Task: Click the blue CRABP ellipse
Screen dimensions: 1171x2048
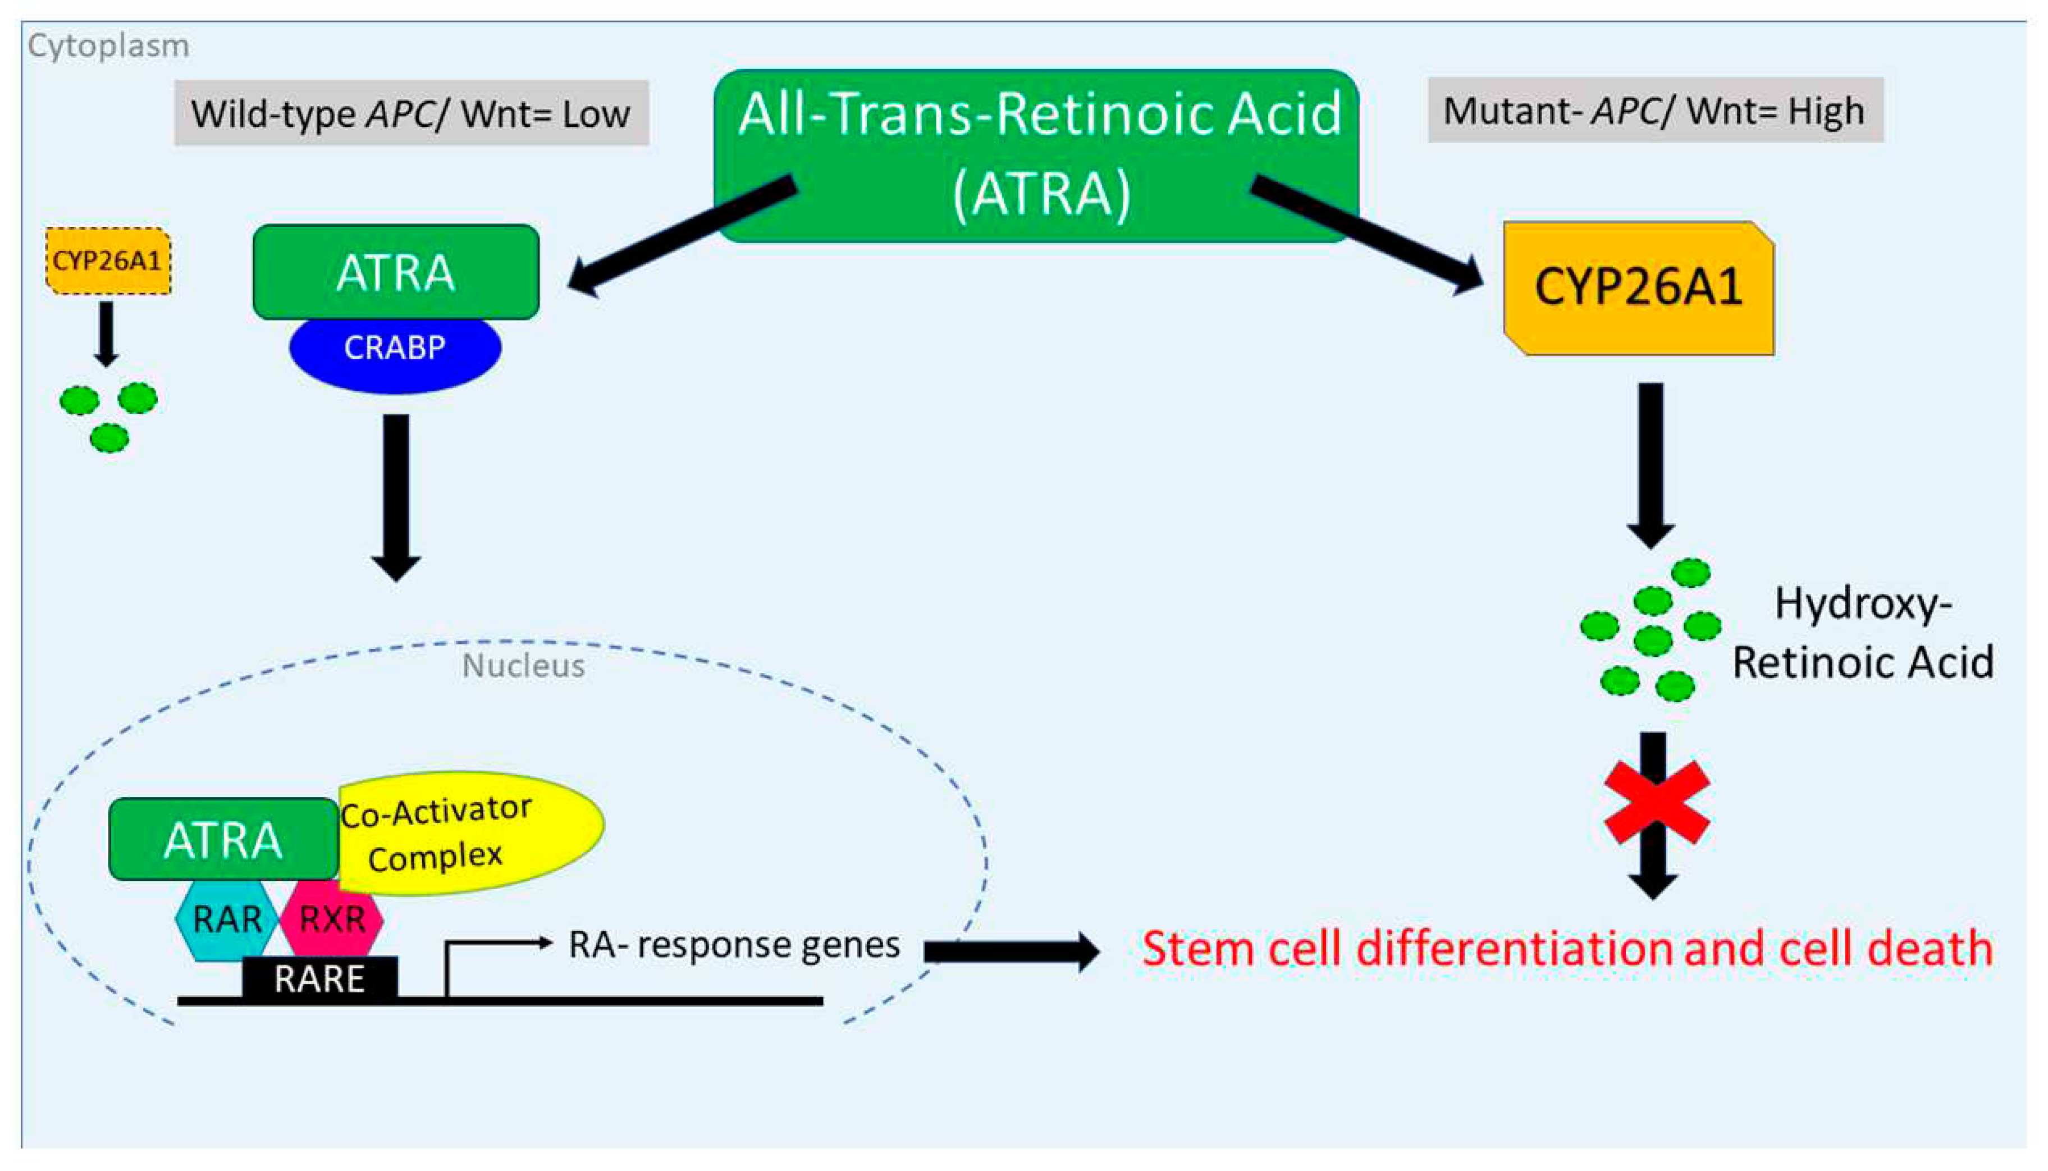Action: tap(395, 354)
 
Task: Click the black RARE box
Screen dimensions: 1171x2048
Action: tap(319, 978)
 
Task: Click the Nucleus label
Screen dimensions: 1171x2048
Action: tap(523, 666)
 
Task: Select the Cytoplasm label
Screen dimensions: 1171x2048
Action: tap(108, 46)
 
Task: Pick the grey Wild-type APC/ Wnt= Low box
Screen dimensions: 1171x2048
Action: tap(411, 113)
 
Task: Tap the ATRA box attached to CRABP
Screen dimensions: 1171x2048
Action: tap(395, 272)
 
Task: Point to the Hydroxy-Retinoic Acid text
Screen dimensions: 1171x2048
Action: tap(1862, 633)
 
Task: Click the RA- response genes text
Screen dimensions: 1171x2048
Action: tap(733, 944)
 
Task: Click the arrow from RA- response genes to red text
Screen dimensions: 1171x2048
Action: tap(1010, 952)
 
